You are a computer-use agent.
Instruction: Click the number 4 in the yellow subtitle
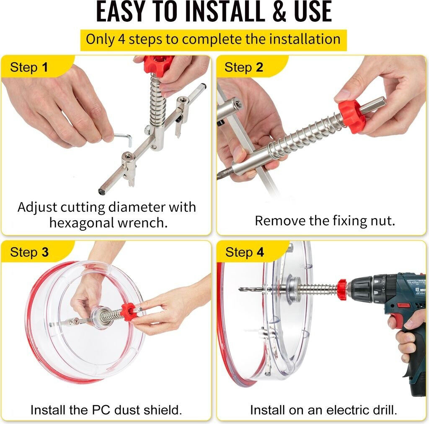[121, 39]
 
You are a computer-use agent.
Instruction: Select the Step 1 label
[29, 67]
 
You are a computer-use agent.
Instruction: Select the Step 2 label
[244, 67]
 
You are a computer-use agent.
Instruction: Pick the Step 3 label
[29, 252]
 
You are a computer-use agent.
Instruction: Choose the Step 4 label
[245, 252]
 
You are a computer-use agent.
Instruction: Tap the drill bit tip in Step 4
[240, 289]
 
